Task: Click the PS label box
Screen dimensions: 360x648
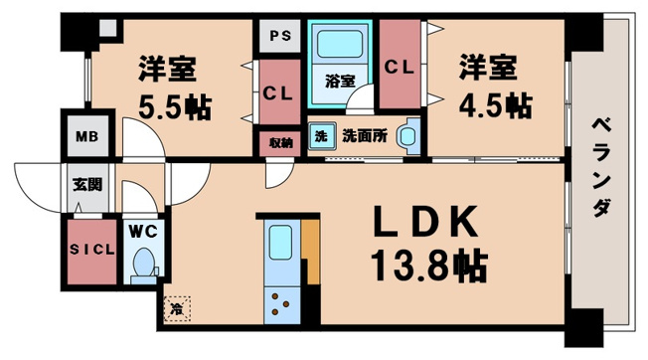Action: click(x=278, y=37)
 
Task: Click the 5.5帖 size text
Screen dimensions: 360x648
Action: click(x=173, y=106)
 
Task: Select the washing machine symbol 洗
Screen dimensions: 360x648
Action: click(x=321, y=135)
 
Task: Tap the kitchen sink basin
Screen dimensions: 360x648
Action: click(x=279, y=244)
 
